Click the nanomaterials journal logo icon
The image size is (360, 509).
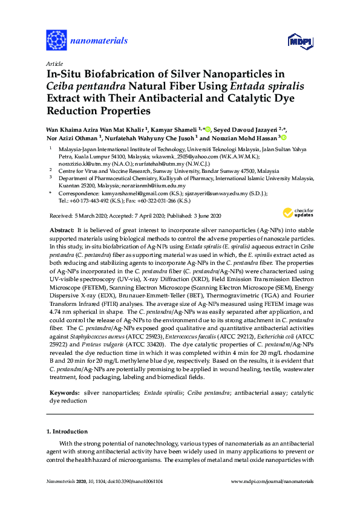coord(56,41)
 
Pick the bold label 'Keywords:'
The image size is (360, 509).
coord(65,393)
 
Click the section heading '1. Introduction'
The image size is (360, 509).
coord(67,432)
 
